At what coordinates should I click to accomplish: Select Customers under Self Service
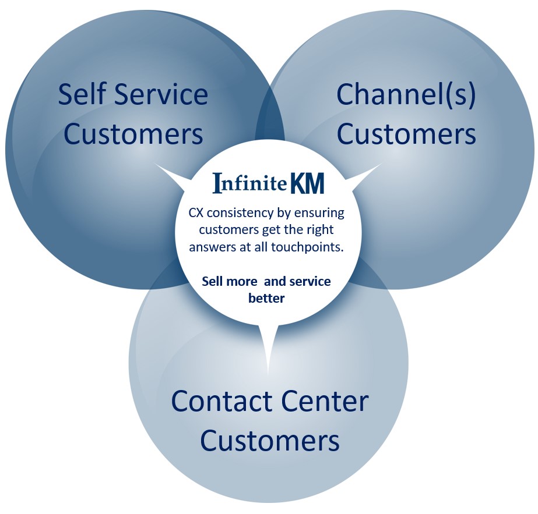coord(133,134)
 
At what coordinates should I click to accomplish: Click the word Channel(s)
coord(406,95)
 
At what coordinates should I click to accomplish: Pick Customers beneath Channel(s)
coord(406,134)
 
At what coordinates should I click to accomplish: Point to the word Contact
coord(221,402)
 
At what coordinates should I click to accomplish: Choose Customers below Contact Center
coord(270,441)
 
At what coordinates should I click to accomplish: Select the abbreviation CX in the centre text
coord(196,213)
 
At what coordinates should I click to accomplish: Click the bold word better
coord(267,298)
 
